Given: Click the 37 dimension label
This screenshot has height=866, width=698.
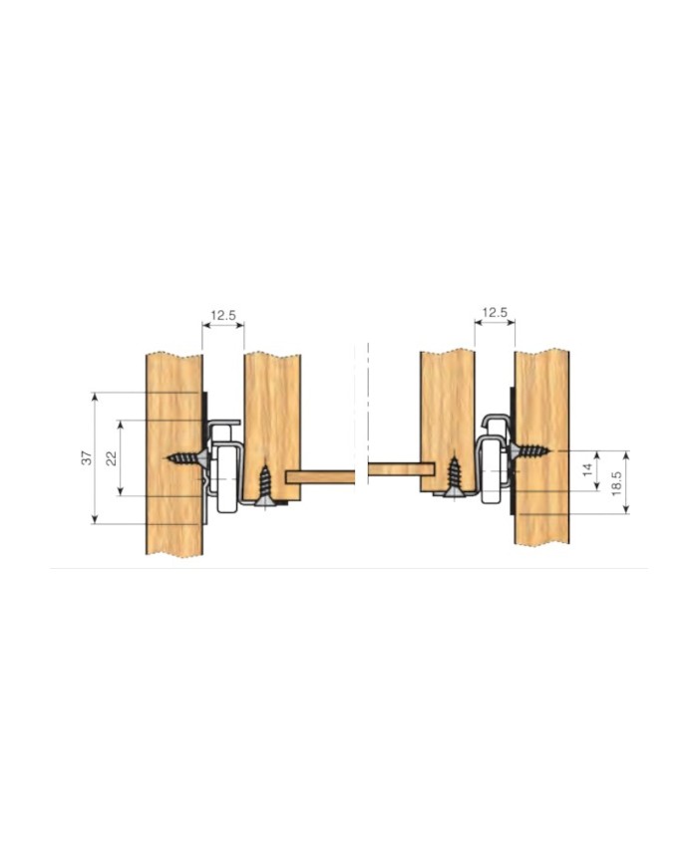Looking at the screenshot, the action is click(87, 457).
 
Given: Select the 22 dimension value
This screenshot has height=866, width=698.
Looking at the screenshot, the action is click(112, 458).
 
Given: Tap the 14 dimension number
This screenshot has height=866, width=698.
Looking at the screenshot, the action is click(587, 470).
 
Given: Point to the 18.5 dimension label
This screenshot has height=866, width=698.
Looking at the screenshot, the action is click(617, 483).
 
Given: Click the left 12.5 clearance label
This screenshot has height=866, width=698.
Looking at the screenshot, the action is click(223, 315).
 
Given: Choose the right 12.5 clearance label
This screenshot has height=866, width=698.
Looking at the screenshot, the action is click(495, 313).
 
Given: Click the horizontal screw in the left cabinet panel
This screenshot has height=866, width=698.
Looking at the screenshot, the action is click(186, 458).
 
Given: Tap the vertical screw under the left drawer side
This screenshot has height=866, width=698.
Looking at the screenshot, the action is click(265, 486).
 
